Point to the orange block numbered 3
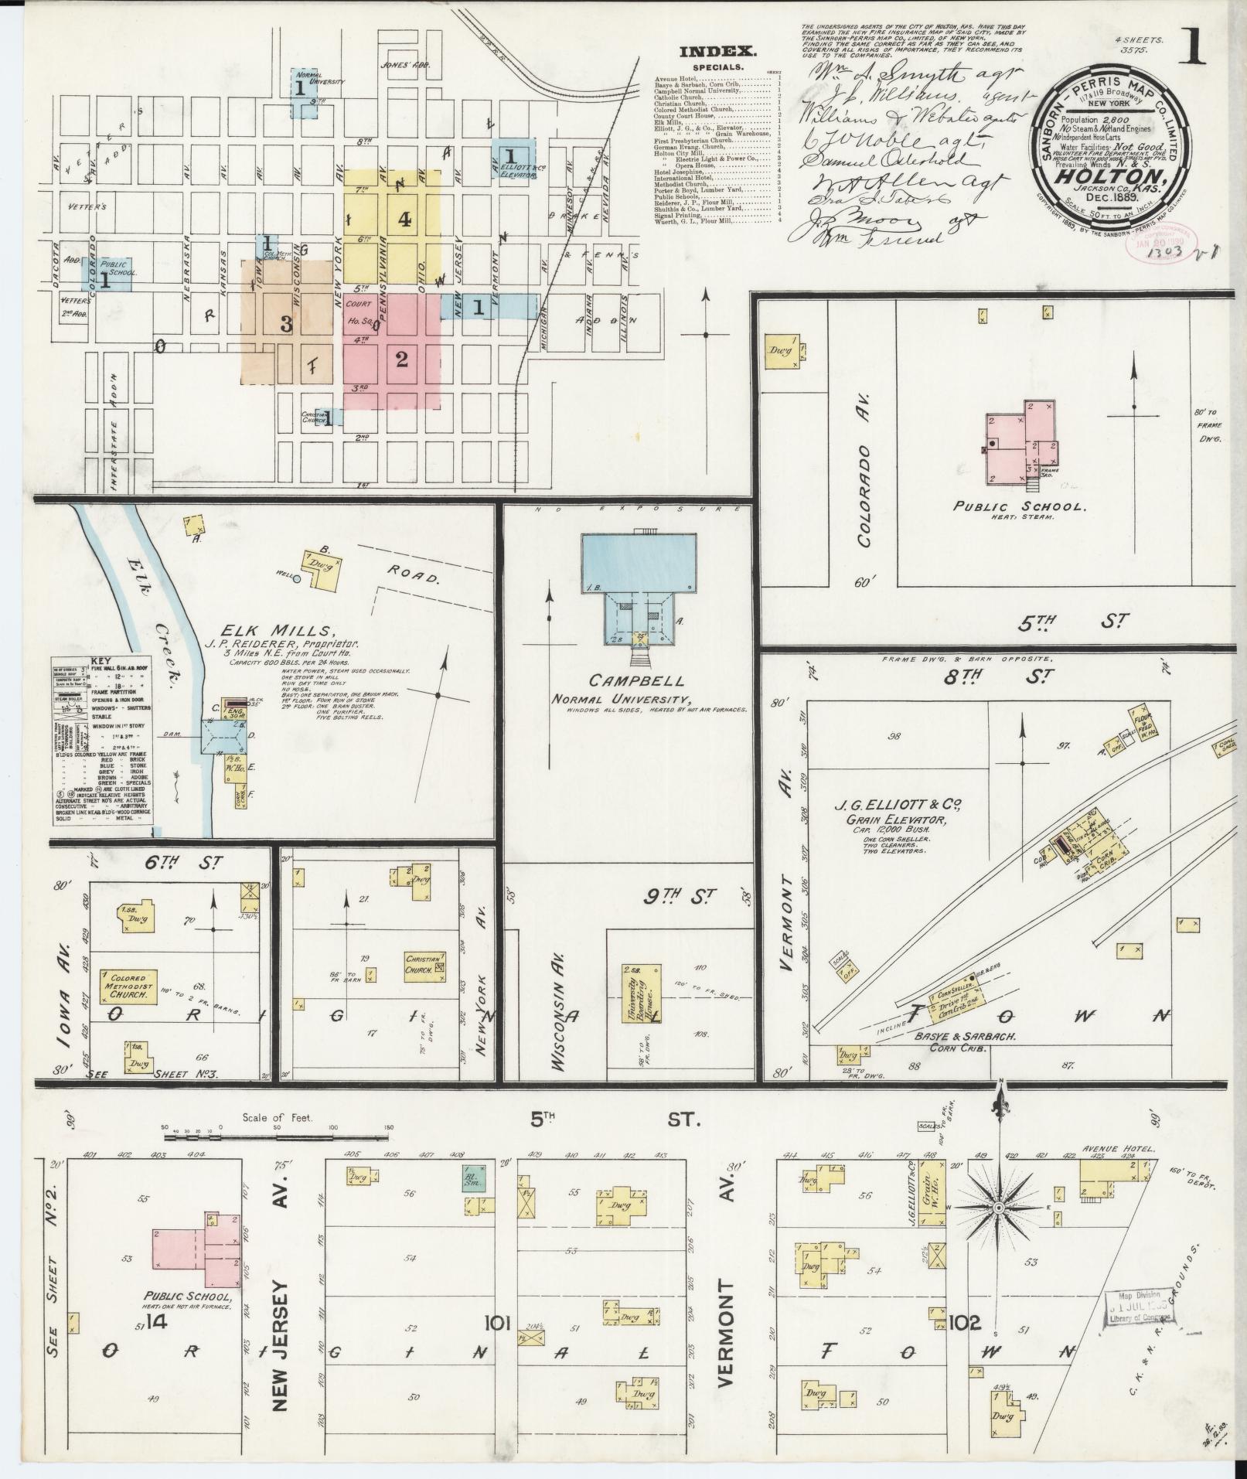(286, 325)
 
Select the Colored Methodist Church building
(130, 987)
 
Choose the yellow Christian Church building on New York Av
(424, 967)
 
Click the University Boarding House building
(642, 993)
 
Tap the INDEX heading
(717, 53)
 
